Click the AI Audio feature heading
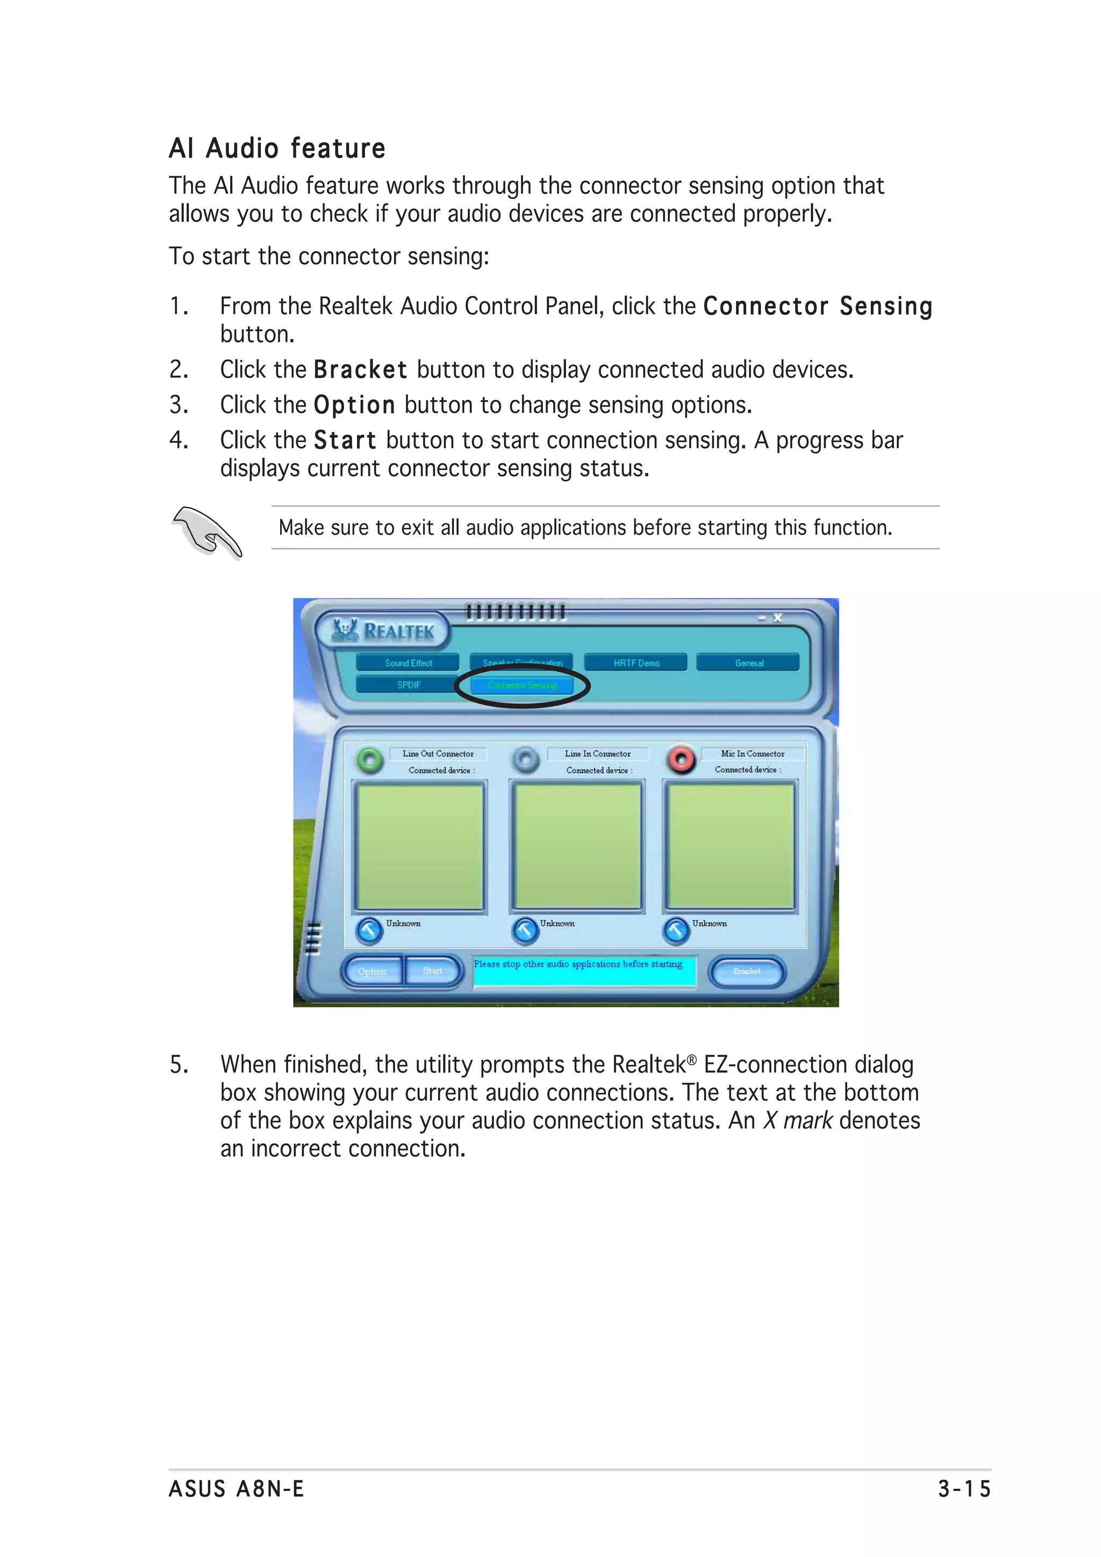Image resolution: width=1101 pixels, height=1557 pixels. (277, 148)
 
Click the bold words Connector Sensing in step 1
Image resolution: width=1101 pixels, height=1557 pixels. (818, 307)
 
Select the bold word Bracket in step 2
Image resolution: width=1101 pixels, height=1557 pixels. (360, 370)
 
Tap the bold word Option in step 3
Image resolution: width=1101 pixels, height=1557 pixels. (354, 406)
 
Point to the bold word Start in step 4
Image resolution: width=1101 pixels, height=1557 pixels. (345, 441)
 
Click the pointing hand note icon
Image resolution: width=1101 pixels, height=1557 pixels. (207, 533)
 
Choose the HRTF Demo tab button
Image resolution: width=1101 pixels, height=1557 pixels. (635, 663)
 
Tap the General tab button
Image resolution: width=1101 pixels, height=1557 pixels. (748, 663)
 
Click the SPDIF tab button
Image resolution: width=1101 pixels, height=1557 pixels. (409, 685)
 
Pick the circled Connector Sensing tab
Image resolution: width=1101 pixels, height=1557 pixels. (521, 686)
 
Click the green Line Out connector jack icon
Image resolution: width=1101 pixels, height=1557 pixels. (370, 760)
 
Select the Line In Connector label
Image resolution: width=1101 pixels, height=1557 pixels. (597, 753)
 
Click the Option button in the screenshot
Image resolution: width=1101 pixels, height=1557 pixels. (371, 972)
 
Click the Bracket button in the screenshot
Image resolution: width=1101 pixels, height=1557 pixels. (746, 972)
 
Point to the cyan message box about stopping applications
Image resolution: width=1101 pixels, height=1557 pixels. (584, 971)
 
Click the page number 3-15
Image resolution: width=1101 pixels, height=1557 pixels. (964, 1489)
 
